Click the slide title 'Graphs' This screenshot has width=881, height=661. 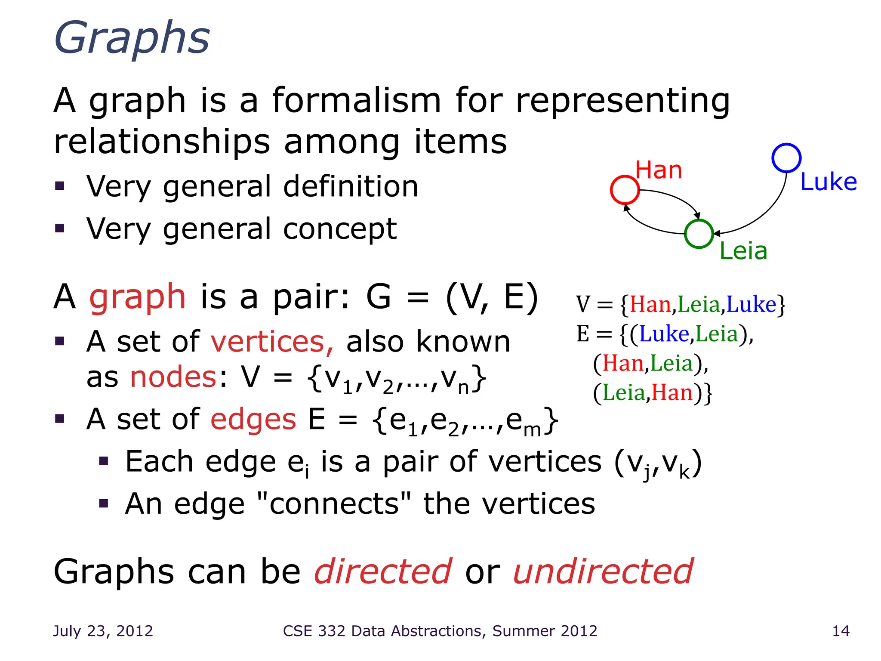pyautogui.click(x=132, y=39)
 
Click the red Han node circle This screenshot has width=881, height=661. pyautogui.click(x=625, y=190)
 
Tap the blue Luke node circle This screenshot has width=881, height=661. pyautogui.click(x=786, y=158)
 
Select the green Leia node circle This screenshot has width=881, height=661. pyautogui.click(x=699, y=234)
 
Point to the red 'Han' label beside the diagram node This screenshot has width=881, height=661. pyautogui.click(x=659, y=170)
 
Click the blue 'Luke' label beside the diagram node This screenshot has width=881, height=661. pyautogui.click(x=829, y=182)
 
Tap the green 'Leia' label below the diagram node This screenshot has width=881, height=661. pyautogui.click(x=743, y=251)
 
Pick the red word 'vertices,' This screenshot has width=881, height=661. pyautogui.click(x=272, y=342)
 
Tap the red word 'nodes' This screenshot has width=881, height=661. pyautogui.click(x=173, y=377)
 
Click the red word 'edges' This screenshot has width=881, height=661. pyautogui.click(x=253, y=419)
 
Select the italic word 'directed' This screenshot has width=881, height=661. pyautogui.click(x=383, y=571)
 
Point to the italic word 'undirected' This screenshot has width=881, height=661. pyautogui.click(x=603, y=571)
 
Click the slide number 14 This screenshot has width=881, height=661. pyautogui.click(x=841, y=631)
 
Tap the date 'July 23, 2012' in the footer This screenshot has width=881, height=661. pyautogui.click(x=103, y=631)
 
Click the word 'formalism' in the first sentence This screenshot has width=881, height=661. pyautogui.click(x=357, y=101)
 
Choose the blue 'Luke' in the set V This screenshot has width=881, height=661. pyautogui.click(x=751, y=305)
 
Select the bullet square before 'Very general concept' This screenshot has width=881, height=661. pyautogui.click(x=59, y=228)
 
